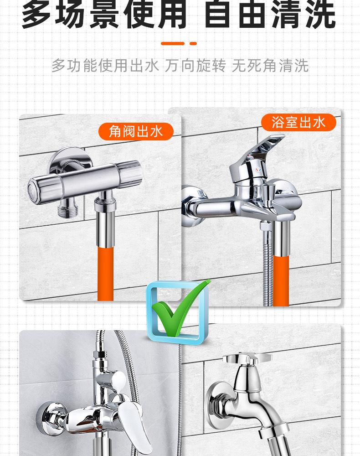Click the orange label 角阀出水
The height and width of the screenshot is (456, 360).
point(136,131)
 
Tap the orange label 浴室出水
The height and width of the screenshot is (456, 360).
point(298,122)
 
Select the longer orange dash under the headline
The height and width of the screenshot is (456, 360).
point(173,44)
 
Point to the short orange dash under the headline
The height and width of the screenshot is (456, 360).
point(193,44)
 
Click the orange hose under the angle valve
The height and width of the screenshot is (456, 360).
point(105,274)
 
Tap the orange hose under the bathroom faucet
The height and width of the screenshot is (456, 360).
point(281,280)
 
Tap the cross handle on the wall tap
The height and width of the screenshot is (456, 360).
point(247,358)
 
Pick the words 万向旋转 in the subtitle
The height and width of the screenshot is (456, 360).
point(195,65)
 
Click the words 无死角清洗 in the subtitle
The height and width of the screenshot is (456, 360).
point(270,65)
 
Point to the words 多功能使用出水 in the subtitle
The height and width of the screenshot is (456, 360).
point(105,65)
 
